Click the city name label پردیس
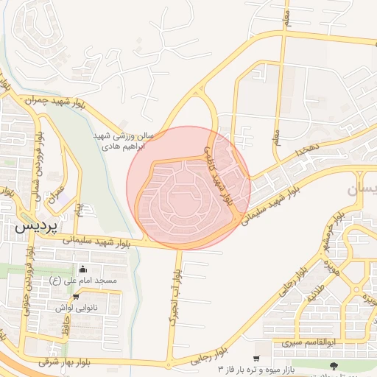coord(35,228)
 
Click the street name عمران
coord(56,198)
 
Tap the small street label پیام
coord(79,211)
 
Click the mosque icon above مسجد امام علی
coord(82,269)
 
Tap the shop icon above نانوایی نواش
coord(76,297)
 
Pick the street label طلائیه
coord(316,293)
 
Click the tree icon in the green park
coord(335,366)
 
